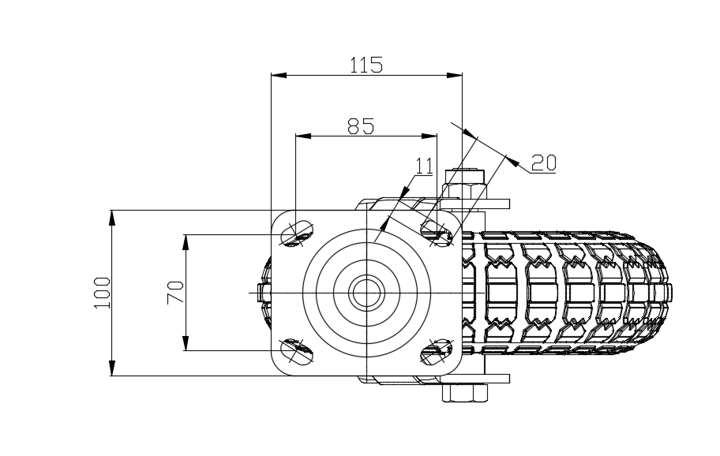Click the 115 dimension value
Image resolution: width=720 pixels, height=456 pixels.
pos(366,65)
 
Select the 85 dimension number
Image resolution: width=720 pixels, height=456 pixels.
pos(360,125)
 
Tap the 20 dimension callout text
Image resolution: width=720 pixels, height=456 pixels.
pos(543,163)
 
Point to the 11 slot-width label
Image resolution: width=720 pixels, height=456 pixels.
pos(425,166)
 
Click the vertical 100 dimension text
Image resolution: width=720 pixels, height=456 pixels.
pos(101,293)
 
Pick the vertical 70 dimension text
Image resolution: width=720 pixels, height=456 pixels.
pos(176,293)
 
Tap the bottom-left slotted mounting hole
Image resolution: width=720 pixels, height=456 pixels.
pos(297,349)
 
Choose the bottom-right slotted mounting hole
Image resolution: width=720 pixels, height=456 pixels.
pos(435,351)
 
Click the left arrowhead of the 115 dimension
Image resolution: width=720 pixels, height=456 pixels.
pos(276,76)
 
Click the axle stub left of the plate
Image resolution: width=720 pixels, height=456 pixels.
pos(263,293)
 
